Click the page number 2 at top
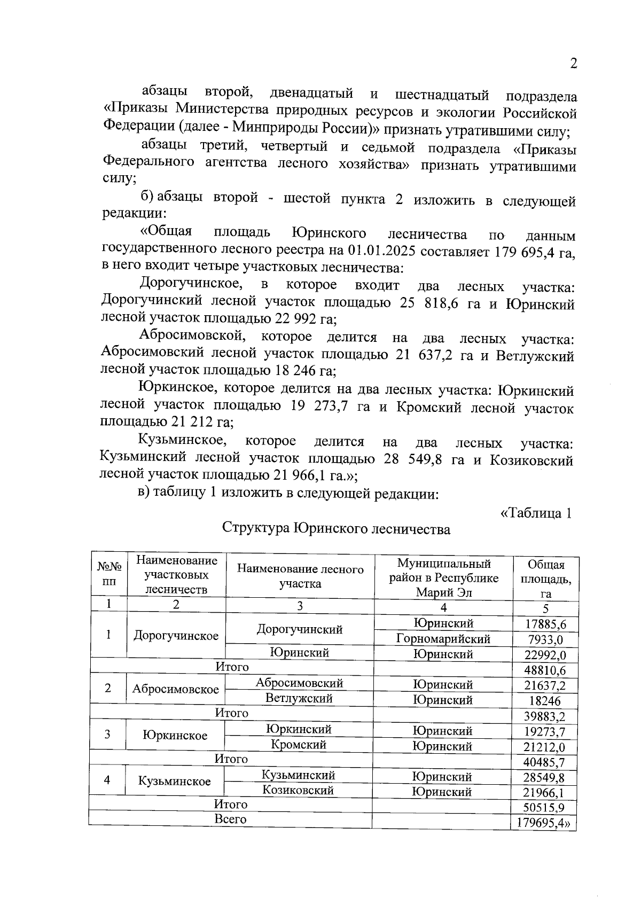(574, 64)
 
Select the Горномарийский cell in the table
(443, 639)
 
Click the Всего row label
(230, 819)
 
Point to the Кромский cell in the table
(299, 745)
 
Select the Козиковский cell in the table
(298, 791)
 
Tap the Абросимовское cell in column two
(176, 690)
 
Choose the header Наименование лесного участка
(300, 576)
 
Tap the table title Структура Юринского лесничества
(336, 529)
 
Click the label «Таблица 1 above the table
(536, 513)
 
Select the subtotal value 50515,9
(545, 808)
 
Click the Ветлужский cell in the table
(299, 699)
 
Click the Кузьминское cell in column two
(175, 782)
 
